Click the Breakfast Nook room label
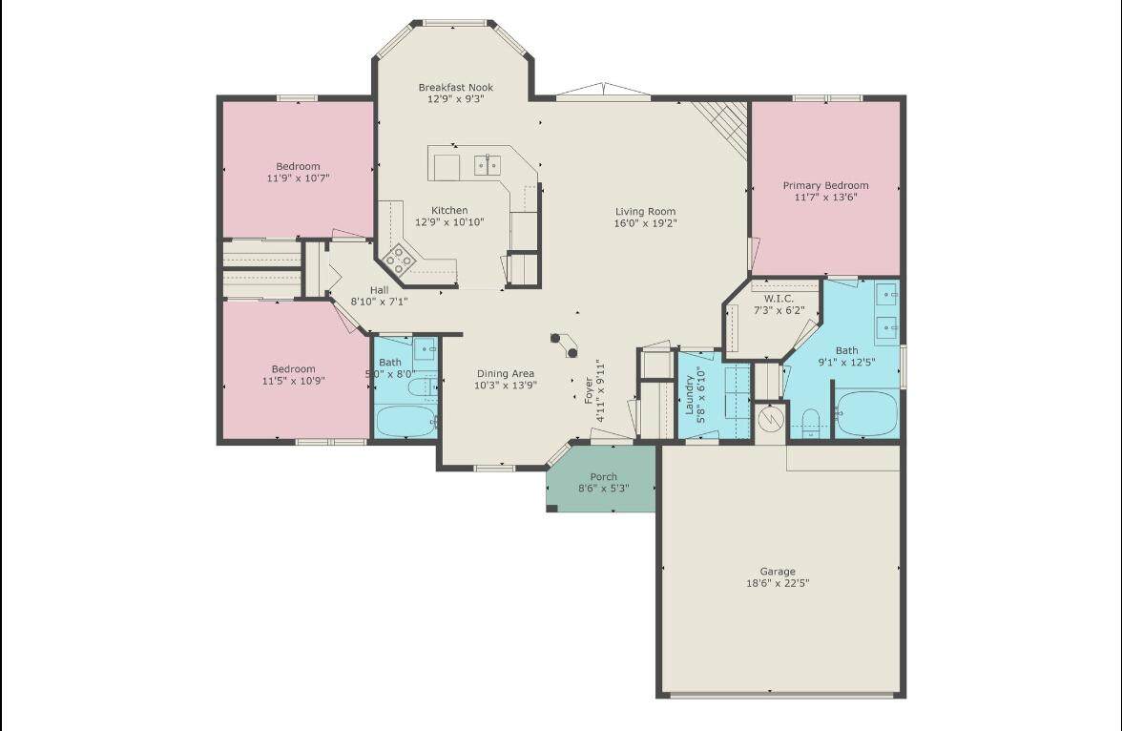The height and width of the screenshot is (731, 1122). click(456, 88)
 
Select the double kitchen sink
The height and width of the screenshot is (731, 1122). click(488, 165)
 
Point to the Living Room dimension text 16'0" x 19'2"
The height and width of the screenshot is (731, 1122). click(645, 223)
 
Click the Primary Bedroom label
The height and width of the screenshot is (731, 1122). click(826, 185)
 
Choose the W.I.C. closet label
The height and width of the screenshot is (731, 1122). click(779, 299)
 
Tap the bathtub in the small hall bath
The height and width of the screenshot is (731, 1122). click(405, 421)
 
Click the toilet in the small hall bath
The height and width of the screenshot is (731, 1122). click(422, 388)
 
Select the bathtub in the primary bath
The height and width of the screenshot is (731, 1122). click(866, 413)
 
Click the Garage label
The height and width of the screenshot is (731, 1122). click(778, 572)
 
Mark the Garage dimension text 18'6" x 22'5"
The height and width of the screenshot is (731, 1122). click(778, 583)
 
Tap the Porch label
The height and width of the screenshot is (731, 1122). click(604, 477)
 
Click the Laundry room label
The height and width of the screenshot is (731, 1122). click(690, 395)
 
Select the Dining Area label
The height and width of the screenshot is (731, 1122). click(506, 373)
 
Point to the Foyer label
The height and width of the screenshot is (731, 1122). click(589, 391)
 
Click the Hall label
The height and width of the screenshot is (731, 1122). click(380, 290)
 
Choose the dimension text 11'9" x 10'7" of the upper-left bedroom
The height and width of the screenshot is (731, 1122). click(299, 178)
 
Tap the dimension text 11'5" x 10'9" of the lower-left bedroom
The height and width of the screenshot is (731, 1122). click(294, 381)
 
